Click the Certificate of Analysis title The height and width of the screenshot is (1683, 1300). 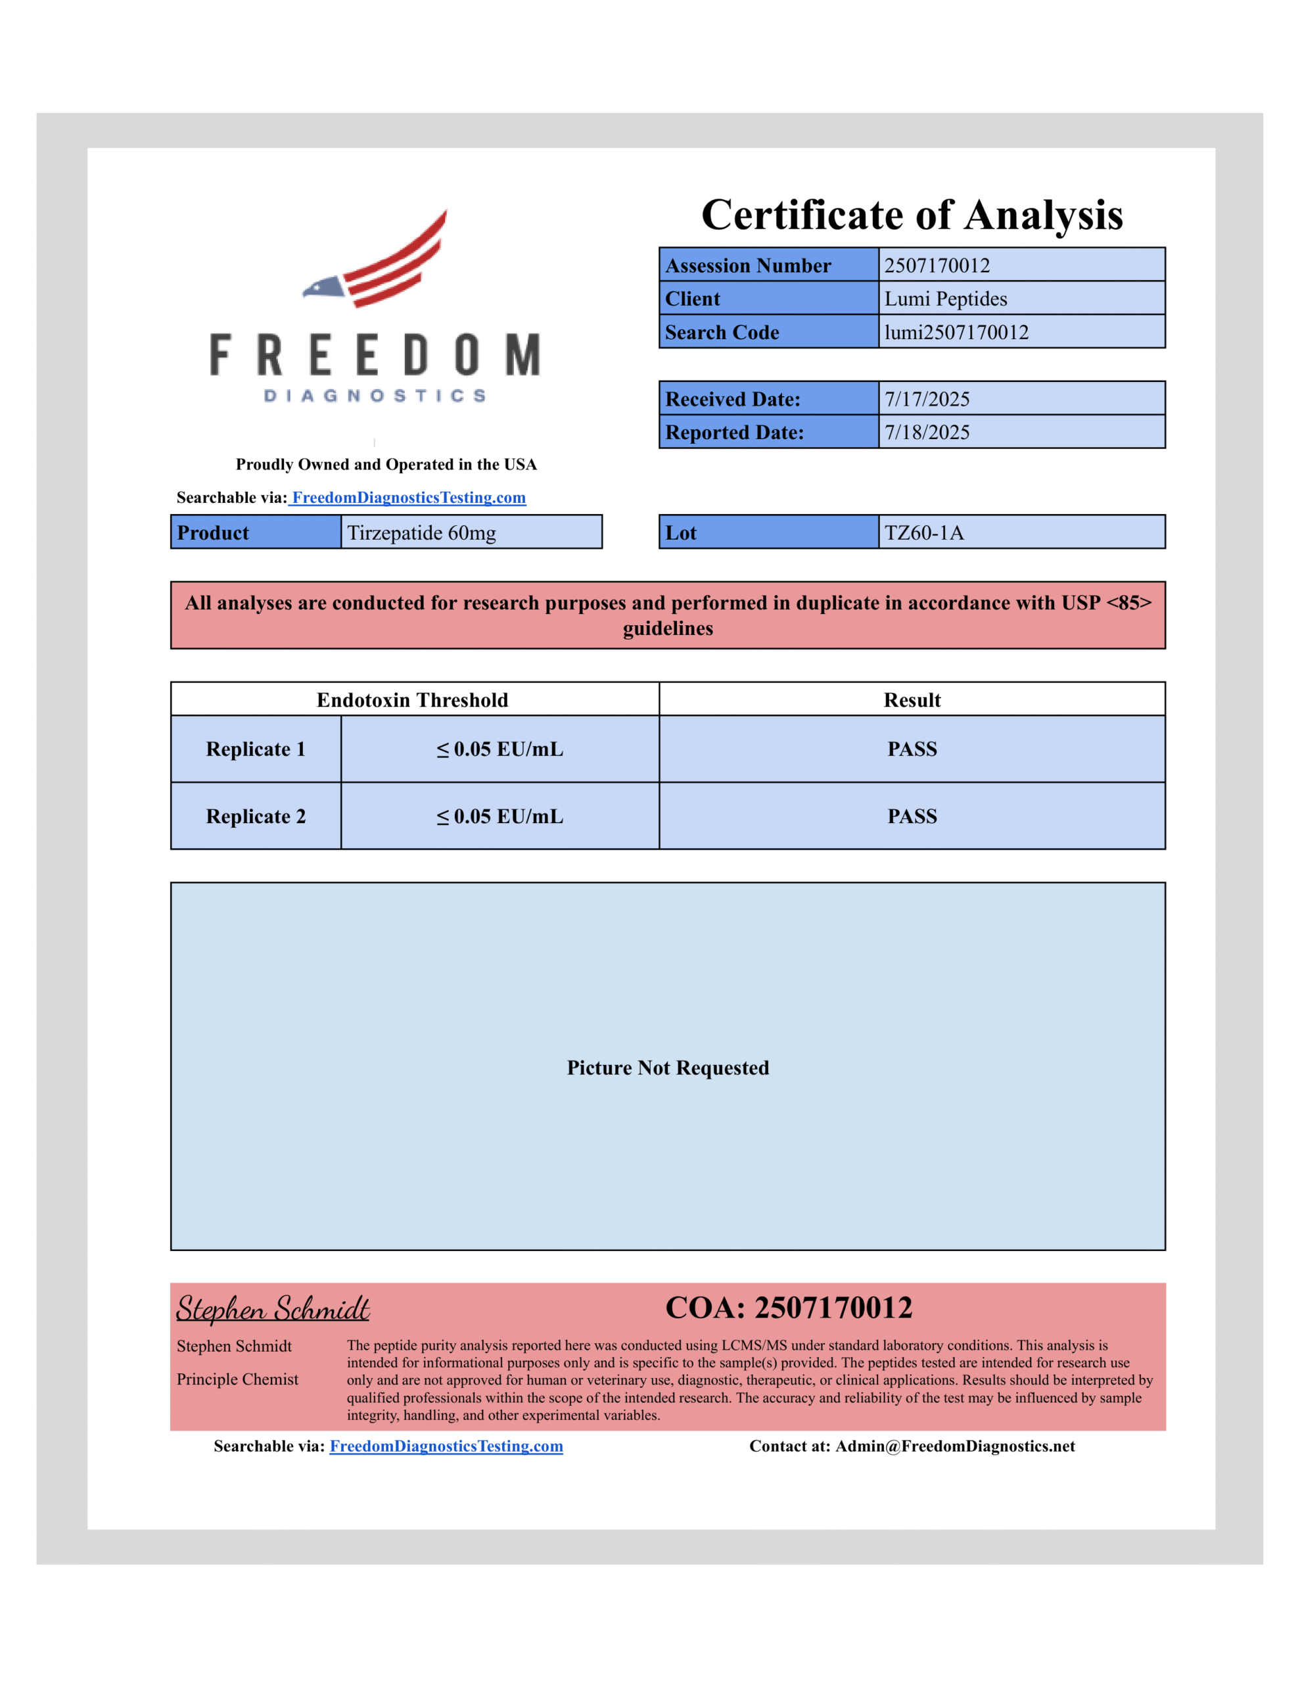coord(912,214)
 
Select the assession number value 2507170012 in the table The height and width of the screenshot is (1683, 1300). coord(937,265)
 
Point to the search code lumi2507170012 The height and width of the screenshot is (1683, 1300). coord(956,332)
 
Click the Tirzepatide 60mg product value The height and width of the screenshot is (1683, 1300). coord(421,533)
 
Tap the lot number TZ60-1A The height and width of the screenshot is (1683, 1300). coord(923,533)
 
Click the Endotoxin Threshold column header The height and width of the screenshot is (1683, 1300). coord(412,699)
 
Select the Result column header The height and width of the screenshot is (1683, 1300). coord(912,699)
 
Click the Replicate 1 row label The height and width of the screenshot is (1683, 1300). coord(255,749)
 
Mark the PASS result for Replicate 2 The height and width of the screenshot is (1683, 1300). coord(912,816)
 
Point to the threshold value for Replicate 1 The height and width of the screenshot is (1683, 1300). coord(499,749)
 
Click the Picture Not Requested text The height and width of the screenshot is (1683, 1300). coord(667,1067)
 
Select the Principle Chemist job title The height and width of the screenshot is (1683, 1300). coord(237,1379)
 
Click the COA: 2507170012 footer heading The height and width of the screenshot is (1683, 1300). coord(788,1308)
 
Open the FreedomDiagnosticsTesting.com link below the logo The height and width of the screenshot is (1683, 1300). coord(408,498)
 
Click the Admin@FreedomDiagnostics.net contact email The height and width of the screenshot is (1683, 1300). coord(954,1446)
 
